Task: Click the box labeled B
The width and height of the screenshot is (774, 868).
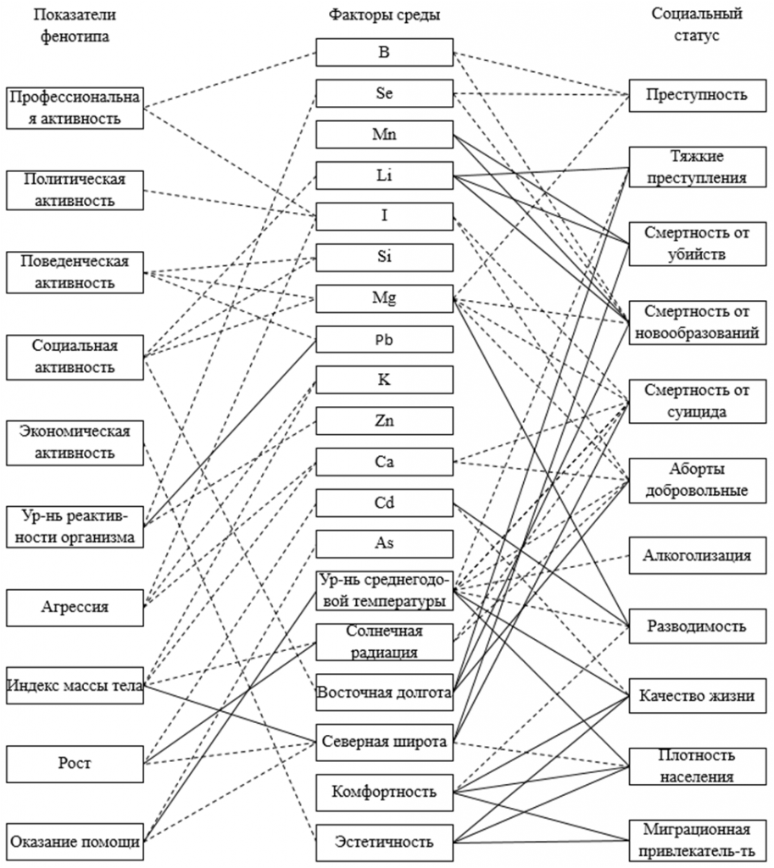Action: click(x=384, y=52)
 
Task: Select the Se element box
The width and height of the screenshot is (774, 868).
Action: click(x=384, y=93)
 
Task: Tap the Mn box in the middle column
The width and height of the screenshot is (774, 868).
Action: click(x=384, y=134)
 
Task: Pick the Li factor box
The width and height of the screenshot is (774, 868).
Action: click(x=384, y=175)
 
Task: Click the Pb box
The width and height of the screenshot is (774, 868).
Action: click(x=384, y=339)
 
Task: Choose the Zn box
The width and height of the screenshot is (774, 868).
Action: click(x=384, y=420)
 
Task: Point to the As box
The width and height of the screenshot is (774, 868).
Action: click(x=384, y=543)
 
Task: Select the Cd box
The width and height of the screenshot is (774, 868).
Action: click(x=384, y=503)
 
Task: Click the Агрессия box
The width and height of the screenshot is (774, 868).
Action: click(x=75, y=607)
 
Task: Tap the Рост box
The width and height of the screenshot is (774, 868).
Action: click(x=75, y=764)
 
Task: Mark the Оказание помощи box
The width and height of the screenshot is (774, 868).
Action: click(x=75, y=842)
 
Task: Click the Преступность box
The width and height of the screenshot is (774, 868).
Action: click(x=697, y=95)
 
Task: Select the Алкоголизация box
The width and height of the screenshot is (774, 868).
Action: click(x=697, y=555)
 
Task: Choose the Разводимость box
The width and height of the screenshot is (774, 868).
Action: click(x=697, y=626)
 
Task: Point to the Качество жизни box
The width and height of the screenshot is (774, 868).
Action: click(x=697, y=696)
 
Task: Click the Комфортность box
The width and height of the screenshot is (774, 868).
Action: click(x=384, y=793)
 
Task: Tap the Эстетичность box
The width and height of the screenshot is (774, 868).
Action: click(x=384, y=843)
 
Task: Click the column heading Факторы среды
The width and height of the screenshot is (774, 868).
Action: click(x=384, y=14)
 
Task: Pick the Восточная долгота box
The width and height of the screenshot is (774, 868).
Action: click(x=384, y=693)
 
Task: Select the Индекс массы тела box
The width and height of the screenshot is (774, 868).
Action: click(x=75, y=685)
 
